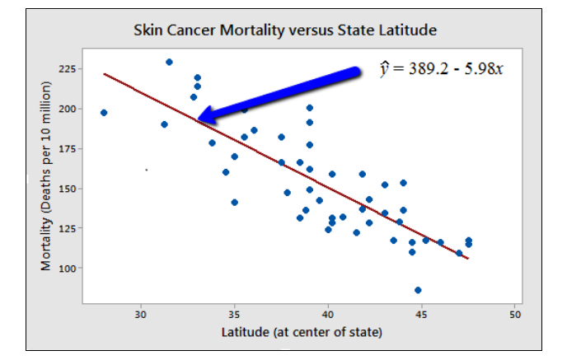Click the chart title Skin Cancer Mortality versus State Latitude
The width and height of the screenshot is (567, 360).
[x=284, y=30]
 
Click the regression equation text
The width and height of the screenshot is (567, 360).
[x=441, y=68]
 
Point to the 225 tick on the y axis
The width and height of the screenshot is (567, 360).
[x=68, y=69]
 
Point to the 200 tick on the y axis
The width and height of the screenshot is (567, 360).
[x=68, y=109]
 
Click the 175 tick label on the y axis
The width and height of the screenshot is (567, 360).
[x=68, y=148]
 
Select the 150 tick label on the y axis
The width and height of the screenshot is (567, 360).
[x=68, y=189]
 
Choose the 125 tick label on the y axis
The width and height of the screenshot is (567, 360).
[x=68, y=228]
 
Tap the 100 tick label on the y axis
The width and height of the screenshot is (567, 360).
[x=68, y=269]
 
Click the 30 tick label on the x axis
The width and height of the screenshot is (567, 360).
[x=141, y=314]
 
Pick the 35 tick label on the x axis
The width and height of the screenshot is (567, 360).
[x=235, y=314]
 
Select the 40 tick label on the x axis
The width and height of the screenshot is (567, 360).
[x=328, y=314]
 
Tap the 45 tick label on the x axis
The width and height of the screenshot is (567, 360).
[x=422, y=314]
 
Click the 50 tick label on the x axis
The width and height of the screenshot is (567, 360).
[x=516, y=314]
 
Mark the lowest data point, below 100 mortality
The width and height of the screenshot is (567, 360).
[x=418, y=290]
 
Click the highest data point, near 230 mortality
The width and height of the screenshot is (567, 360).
[x=169, y=62]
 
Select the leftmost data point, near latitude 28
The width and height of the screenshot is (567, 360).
[x=104, y=113]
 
